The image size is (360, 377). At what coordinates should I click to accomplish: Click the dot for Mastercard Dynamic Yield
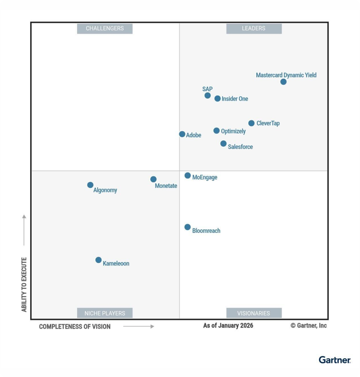(283, 82)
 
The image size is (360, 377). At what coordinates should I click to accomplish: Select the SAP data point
(208, 95)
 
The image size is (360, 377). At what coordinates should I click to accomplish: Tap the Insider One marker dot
(217, 99)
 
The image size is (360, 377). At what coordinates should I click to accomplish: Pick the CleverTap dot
(251, 123)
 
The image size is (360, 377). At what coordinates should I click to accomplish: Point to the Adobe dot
(182, 134)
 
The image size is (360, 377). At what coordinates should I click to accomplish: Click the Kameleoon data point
(99, 260)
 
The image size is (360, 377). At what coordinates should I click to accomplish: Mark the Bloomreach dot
(188, 227)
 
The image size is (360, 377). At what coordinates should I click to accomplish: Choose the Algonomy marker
(90, 185)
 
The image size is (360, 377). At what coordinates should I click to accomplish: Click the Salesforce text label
(240, 147)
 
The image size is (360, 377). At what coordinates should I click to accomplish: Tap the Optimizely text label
(233, 131)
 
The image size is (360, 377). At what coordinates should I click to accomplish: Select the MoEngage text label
(205, 177)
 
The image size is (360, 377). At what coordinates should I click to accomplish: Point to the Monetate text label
(166, 186)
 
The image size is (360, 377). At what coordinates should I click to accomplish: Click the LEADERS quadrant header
(254, 29)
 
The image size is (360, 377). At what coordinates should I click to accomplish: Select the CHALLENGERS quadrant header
(105, 29)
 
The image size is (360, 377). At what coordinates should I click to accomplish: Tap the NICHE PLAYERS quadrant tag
(105, 313)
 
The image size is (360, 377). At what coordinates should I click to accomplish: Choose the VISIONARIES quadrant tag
(254, 313)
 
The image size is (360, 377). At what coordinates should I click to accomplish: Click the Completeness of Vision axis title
(75, 327)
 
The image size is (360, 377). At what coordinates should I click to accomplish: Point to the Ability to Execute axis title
(24, 284)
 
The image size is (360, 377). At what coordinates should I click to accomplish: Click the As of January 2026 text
(228, 325)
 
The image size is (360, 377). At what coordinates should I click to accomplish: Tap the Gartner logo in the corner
(334, 360)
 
